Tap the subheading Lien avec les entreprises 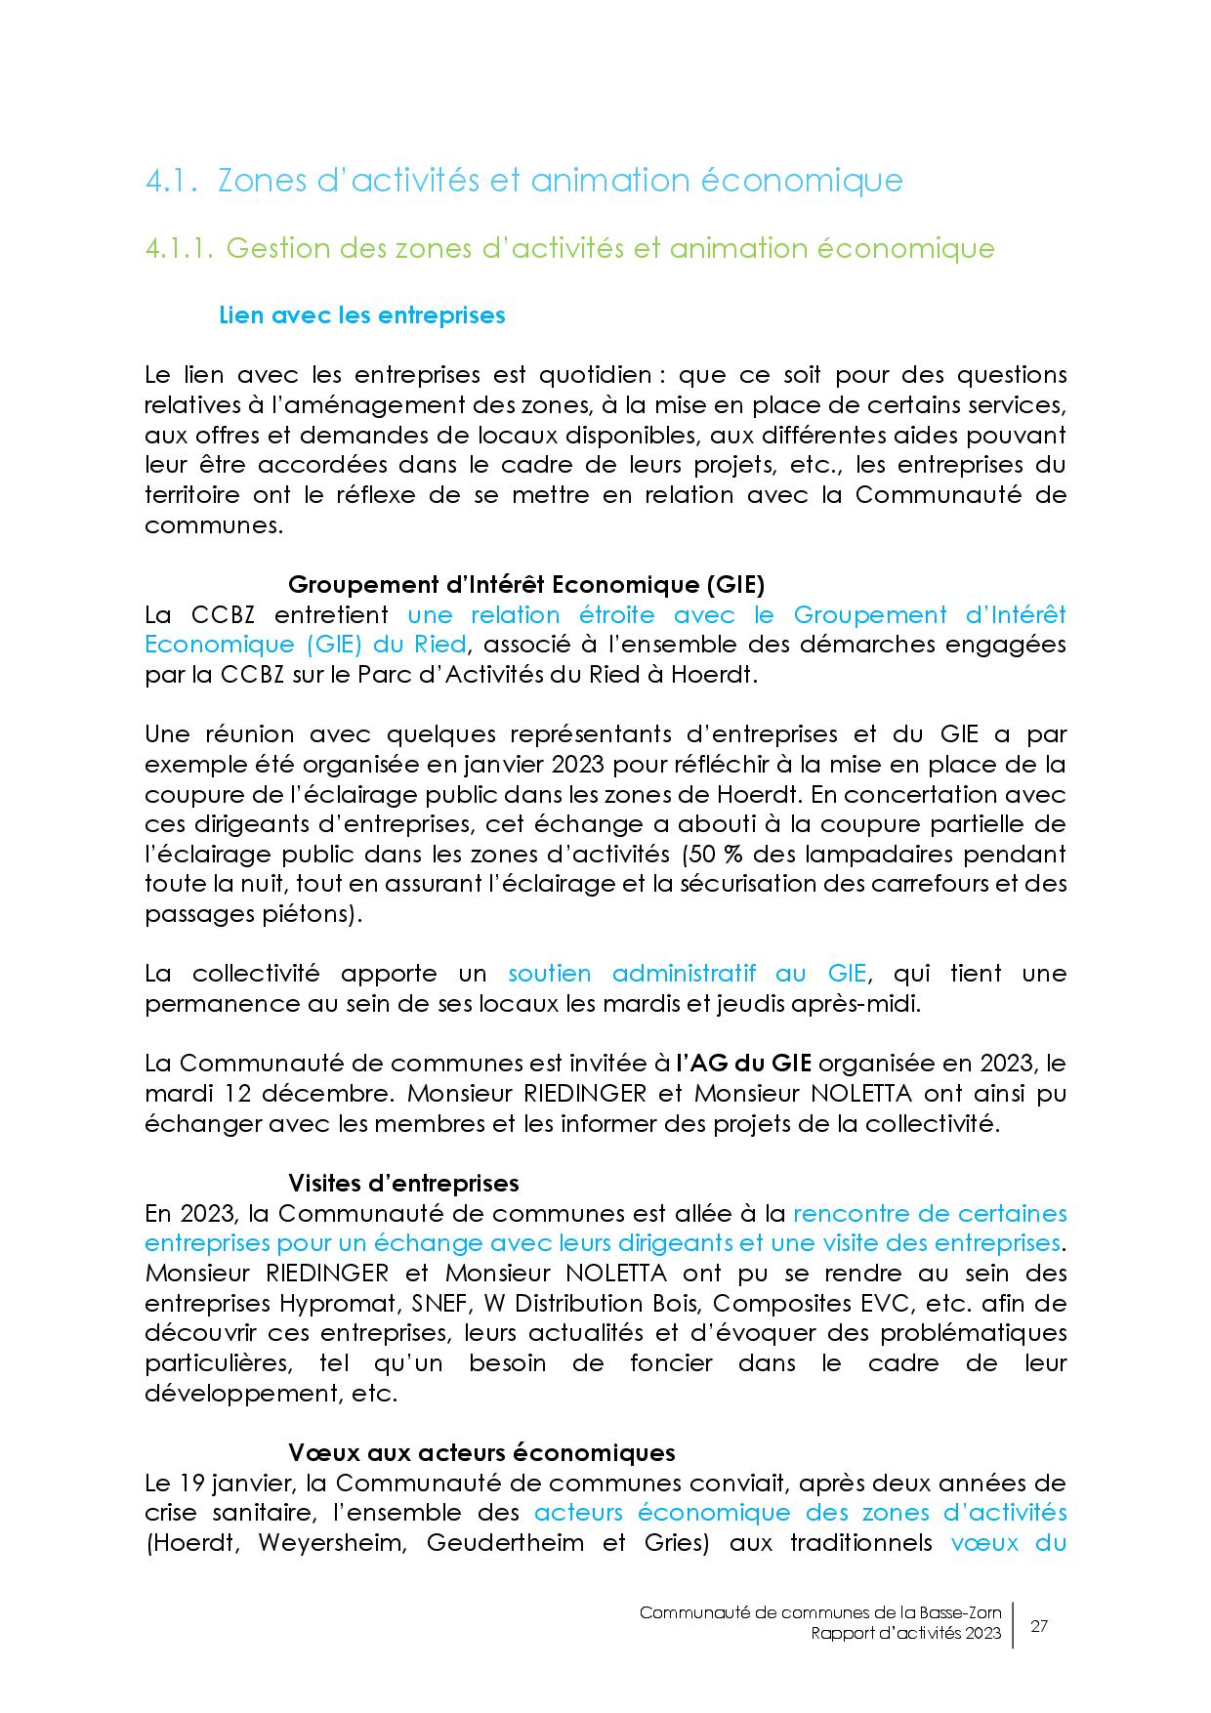[362, 314]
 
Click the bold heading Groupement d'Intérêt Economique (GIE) [525, 584]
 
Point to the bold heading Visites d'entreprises [403, 1183]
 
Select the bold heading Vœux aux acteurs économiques [481, 1452]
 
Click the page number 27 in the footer [1039, 1626]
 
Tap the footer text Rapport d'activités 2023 [905, 1635]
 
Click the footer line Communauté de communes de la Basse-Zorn [820, 1613]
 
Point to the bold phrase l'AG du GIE [744, 1064]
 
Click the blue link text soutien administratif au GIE [687, 974]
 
